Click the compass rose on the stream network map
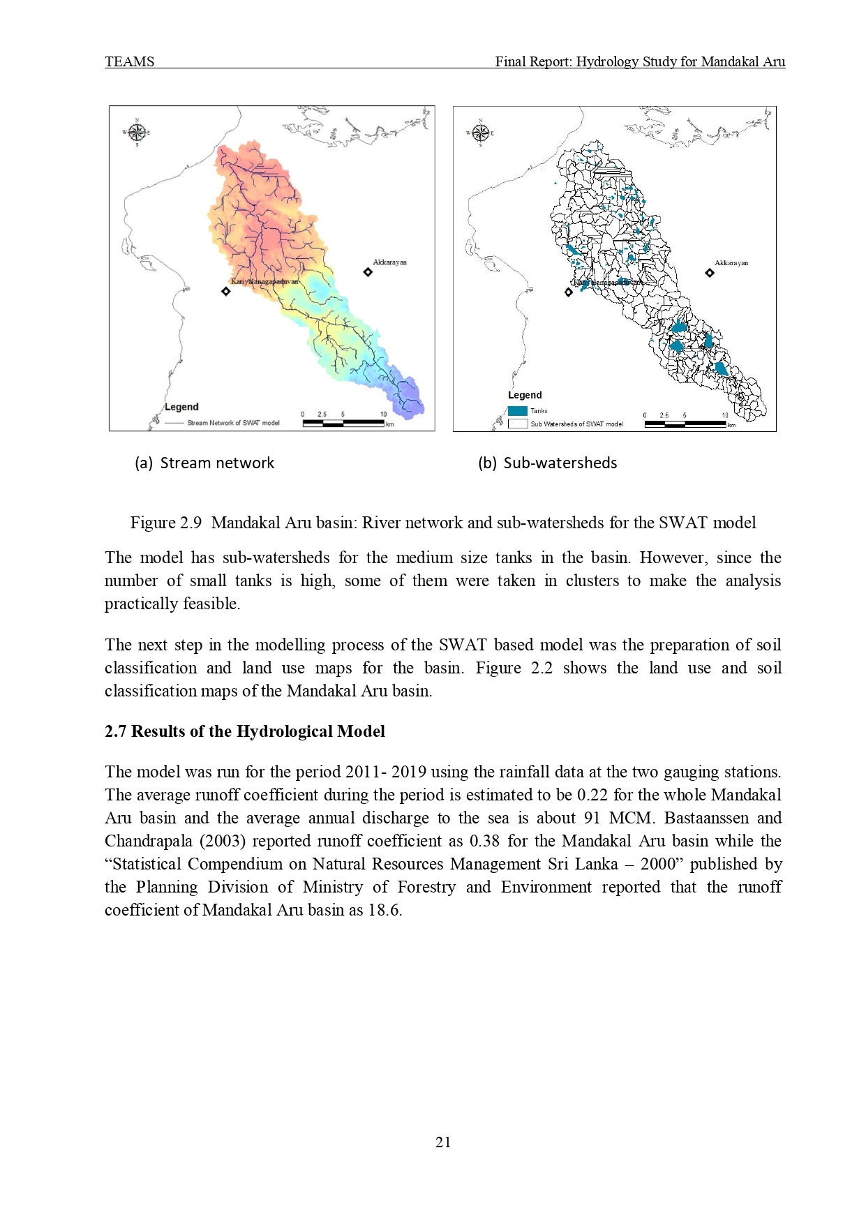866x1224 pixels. [x=137, y=132]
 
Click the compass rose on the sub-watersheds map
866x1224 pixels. [x=480, y=133]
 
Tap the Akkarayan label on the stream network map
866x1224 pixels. [x=389, y=262]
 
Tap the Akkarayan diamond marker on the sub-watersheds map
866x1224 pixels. [x=710, y=273]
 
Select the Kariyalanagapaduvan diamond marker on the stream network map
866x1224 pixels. [x=225, y=291]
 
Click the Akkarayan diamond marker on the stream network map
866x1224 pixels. [x=368, y=272]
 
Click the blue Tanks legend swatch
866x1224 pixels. [x=517, y=411]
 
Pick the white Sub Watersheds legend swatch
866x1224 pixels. [x=517, y=424]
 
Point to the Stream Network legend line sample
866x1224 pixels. [x=174, y=423]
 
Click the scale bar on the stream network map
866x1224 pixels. [x=343, y=422]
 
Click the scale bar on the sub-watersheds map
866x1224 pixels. [x=685, y=423]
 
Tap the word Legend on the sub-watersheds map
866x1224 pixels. [x=525, y=395]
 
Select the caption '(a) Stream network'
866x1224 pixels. [x=204, y=463]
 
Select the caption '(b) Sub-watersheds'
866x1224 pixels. [x=547, y=463]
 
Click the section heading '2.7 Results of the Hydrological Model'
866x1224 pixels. [x=244, y=731]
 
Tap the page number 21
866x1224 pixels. [x=443, y=1142]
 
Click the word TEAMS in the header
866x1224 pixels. [x=129, y=61]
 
